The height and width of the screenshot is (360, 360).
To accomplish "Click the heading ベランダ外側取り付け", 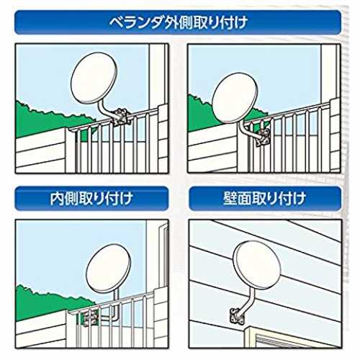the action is click(x=178, y=23).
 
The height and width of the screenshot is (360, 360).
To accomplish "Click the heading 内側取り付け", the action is click(x=91, y=198).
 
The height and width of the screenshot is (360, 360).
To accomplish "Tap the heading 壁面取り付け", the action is click(x=265, y=198).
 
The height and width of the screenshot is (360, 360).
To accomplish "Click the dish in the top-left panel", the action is click(x=94, y=78).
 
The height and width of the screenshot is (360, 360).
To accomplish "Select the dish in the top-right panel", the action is click(x=235, y=98).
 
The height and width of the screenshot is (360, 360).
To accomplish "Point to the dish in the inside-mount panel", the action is click(x=109, y=269).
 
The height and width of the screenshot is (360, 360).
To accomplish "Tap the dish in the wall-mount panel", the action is click(x=257, y=265).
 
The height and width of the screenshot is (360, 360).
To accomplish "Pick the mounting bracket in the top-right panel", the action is click(x=264, y=137).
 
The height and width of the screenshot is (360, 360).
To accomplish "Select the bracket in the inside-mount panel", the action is click(x=90, y=318).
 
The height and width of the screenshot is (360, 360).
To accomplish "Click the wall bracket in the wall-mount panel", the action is click(x=235, y=315).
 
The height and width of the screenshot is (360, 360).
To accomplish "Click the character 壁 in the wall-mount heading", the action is click(x=230, y=199).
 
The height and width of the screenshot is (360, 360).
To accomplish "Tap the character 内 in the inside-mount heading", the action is click(x=57, y=199).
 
